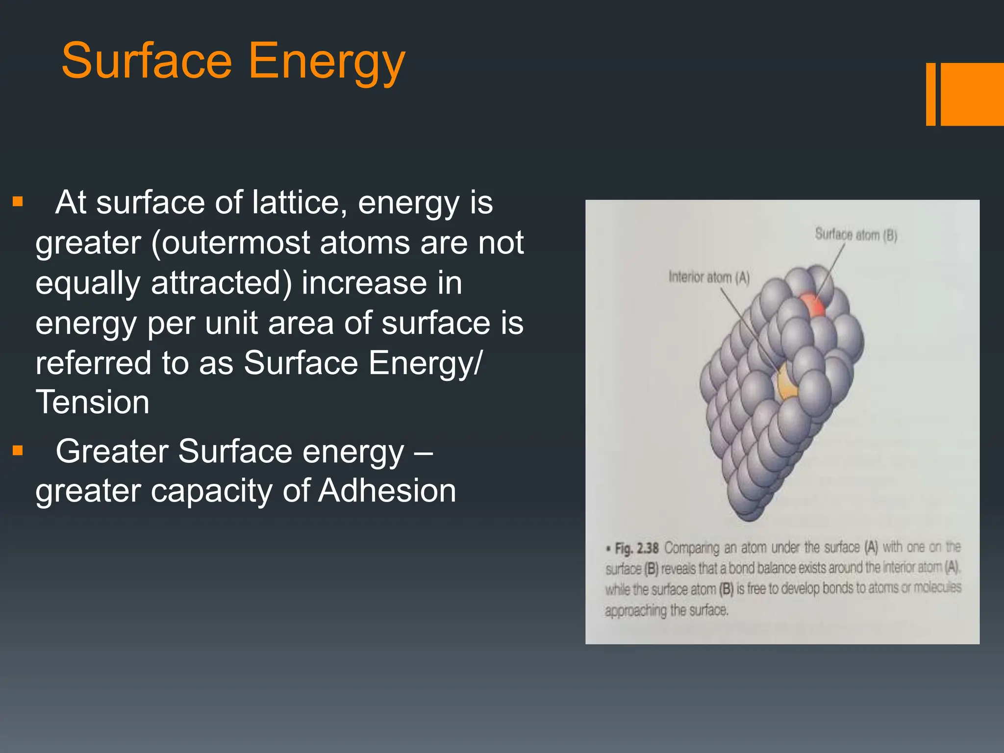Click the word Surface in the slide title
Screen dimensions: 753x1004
coord(146,61)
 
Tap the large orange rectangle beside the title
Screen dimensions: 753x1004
coord(972,94)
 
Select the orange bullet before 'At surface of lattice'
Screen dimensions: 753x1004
coord(18,202)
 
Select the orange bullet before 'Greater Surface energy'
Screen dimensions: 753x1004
coord(18,451)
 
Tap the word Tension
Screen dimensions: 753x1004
coord(92,402)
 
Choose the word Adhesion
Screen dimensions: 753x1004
coord(387,491)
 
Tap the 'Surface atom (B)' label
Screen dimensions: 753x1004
coord(855,235)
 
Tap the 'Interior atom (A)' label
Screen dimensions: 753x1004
coord(709,277)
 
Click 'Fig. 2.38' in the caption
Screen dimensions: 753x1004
coord(636,548)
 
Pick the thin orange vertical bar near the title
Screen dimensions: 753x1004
coord(930,94)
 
